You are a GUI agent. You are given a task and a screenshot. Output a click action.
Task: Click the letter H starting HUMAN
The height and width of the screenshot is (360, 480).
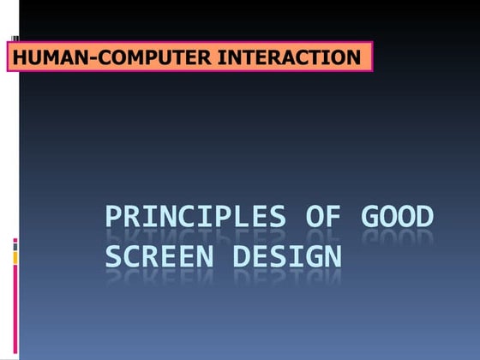coord(18,58)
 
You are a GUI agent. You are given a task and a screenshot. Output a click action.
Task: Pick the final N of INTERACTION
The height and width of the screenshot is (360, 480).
coord(353,58)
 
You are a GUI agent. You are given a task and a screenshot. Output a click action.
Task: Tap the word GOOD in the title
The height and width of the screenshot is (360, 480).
coord(396,218)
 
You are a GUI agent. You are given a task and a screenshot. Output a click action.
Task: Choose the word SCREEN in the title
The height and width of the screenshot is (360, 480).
coord(163,255)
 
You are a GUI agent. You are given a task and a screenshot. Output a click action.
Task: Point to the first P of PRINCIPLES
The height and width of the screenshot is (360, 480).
coord(116,218)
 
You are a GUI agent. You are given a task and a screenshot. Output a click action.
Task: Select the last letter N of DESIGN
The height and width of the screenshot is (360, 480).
coord(332,255)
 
